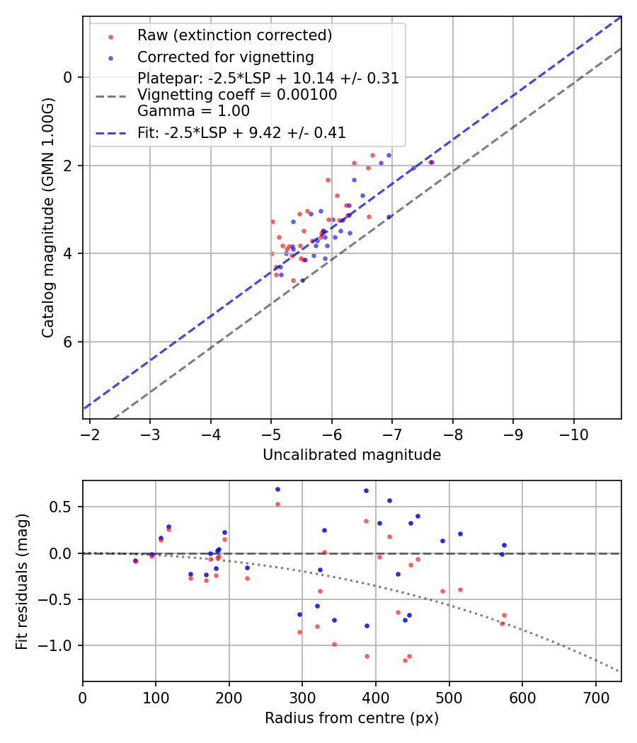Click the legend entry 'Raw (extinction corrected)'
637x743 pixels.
point(234,35)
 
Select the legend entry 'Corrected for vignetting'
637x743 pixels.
point(225,57)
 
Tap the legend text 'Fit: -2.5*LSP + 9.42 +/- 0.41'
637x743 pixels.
point(241,132)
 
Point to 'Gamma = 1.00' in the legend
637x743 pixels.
point(193,111)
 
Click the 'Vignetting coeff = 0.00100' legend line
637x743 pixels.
point(237,95)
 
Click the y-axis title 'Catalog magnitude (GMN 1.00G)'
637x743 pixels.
point(47,217)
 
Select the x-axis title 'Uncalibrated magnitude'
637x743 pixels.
point(352,455)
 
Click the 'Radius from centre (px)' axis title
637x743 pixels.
point(352,718)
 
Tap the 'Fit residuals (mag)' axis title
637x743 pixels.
point(22,581)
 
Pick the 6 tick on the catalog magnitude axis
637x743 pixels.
point(69,342)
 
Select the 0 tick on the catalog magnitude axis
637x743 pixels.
point(69,77)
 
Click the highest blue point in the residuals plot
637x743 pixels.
point(277,489)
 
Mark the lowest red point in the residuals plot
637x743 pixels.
point(405,660)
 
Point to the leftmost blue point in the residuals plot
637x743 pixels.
point(136,560)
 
